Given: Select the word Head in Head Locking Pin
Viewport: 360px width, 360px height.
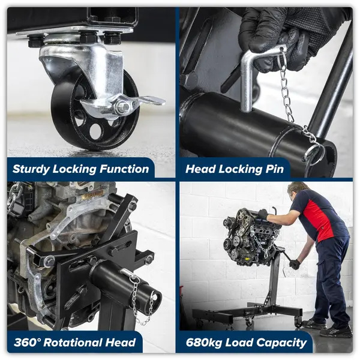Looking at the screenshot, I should (200, 169).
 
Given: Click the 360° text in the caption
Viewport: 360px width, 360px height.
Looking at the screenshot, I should (27, 343).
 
